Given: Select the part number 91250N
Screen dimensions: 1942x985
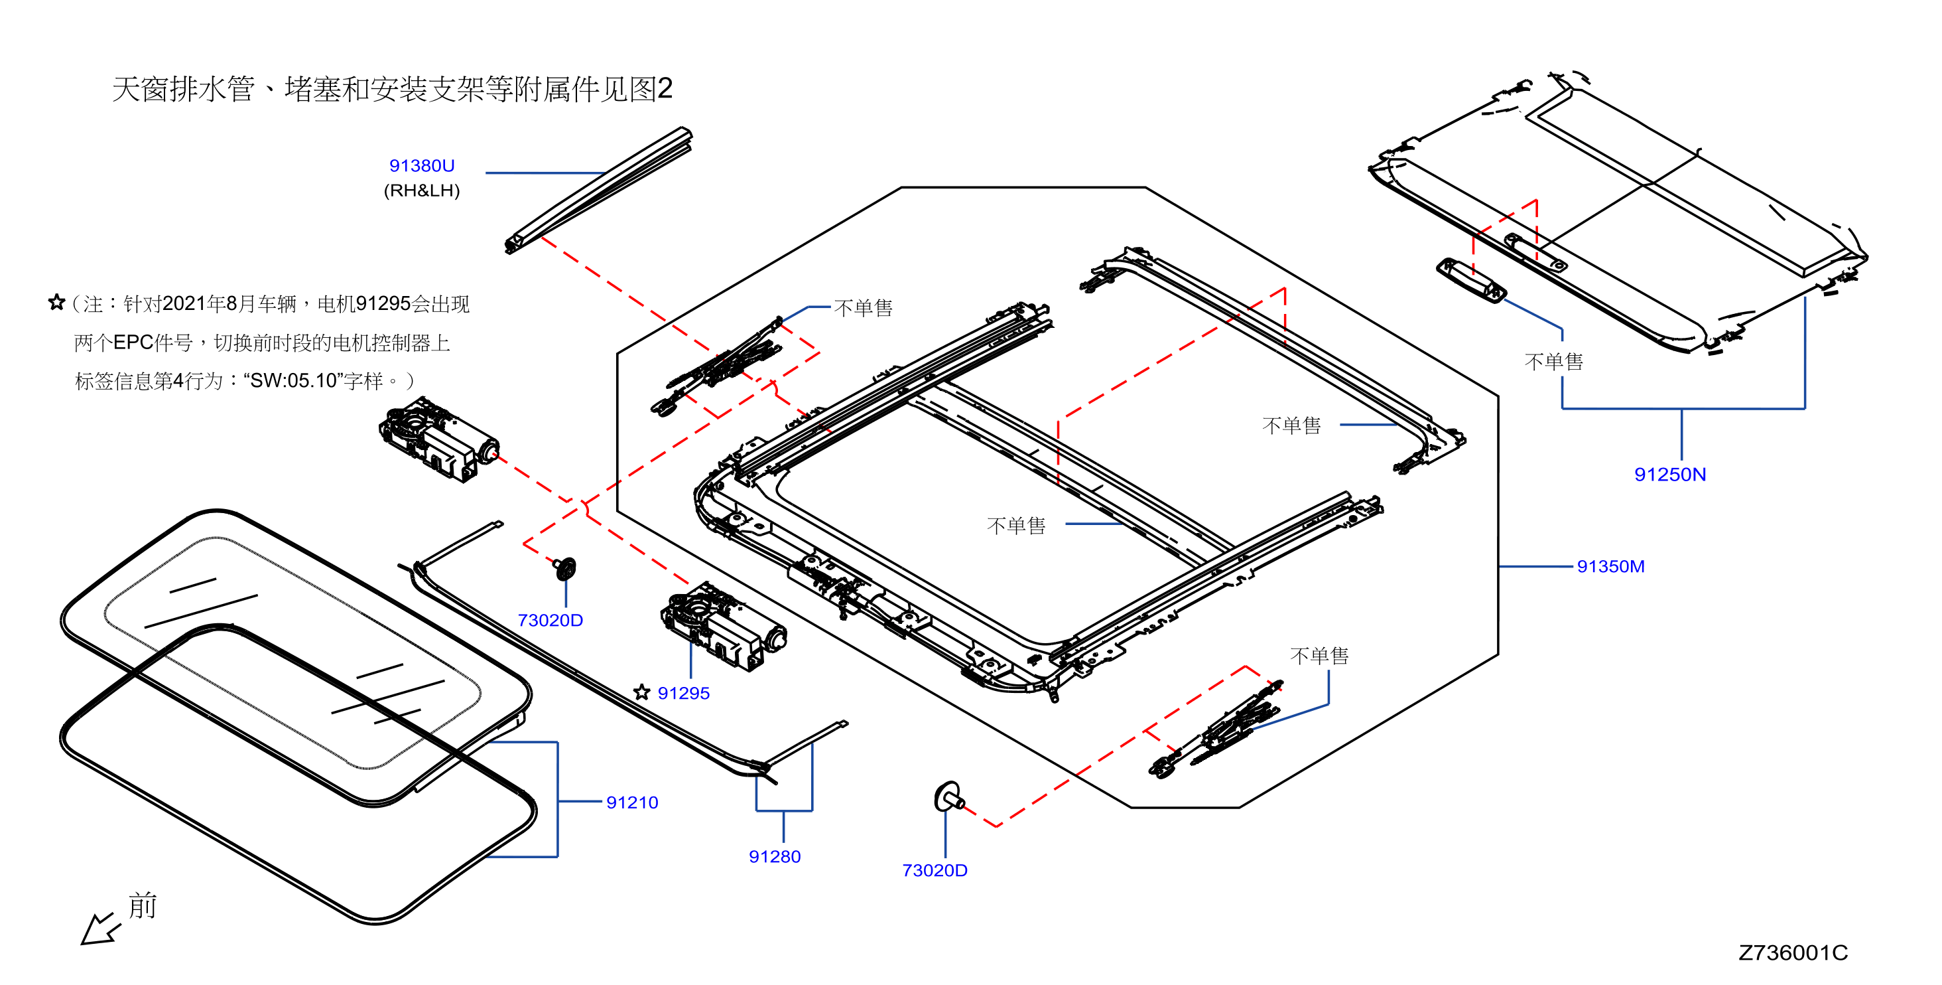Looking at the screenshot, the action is click(1670, 475).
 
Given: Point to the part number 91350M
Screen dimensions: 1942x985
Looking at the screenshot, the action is click(1611, 566).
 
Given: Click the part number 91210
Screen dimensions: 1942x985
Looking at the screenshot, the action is click(632, 802).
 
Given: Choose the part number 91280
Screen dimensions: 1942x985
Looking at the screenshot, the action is click(774, 857).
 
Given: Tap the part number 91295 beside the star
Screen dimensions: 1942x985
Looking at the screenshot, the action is click(684, 693).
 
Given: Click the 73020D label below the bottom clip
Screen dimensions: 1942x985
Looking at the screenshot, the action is click(935, 870).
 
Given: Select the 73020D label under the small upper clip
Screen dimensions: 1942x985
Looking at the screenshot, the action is click(550, 620).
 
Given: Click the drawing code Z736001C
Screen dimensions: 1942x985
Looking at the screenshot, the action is click(1793, 952).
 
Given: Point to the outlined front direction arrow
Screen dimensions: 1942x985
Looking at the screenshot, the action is click(99, 929).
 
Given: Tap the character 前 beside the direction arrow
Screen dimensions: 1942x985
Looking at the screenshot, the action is click(143, 905).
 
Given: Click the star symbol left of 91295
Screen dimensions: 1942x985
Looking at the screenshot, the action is click(641, 692).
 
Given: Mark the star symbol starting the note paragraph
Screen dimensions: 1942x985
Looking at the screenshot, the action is click(56, 303).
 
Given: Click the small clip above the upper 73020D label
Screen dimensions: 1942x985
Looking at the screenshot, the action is click(564, 568).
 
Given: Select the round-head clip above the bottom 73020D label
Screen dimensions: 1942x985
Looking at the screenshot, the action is click(949, 797).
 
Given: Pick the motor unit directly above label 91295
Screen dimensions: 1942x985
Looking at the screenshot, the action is click(723, 625).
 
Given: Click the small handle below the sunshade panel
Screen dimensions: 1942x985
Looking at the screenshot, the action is click(1471, 281).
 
